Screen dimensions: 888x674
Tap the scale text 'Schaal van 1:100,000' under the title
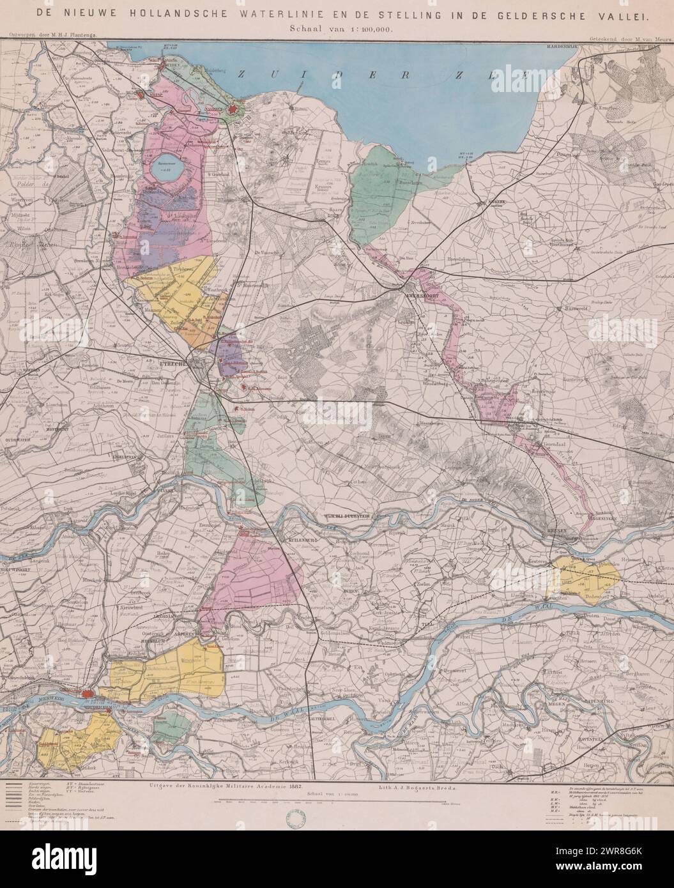point(337,29)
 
